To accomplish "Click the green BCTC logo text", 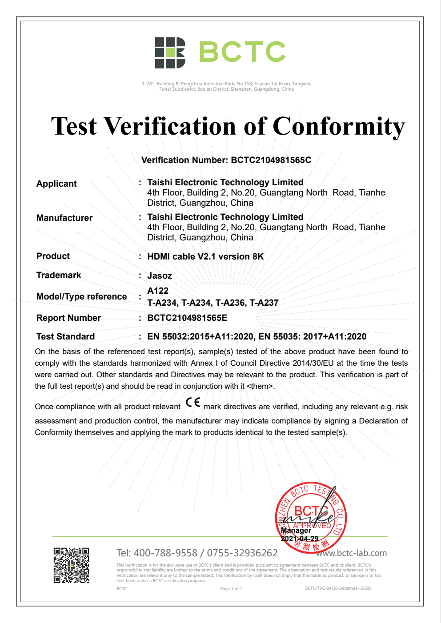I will tap(242, 52).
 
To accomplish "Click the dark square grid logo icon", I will tap(170, 53).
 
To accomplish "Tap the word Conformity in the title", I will tap(339, 127).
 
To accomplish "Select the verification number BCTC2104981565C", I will tap(271, 160).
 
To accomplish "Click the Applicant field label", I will tap(56, 184).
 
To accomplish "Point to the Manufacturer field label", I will tap(64, 218).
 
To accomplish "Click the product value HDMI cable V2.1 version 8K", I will tap(205, 256).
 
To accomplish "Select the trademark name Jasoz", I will tap(160, 276).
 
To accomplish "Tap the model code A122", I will tap(158, 291).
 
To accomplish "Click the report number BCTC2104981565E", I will tap(187, 318).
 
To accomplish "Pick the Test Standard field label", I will tap(65, 336).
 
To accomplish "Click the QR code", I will tap(72, 565).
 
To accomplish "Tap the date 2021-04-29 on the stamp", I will tap(300, 539).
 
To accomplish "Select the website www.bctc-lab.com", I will tap(352, 553).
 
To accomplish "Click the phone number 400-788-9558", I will tap(165, 553).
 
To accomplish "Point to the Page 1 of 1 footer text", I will tap(231, 589).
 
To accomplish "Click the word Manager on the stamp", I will tap(296, 531).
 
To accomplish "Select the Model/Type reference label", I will tap(81, 296).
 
